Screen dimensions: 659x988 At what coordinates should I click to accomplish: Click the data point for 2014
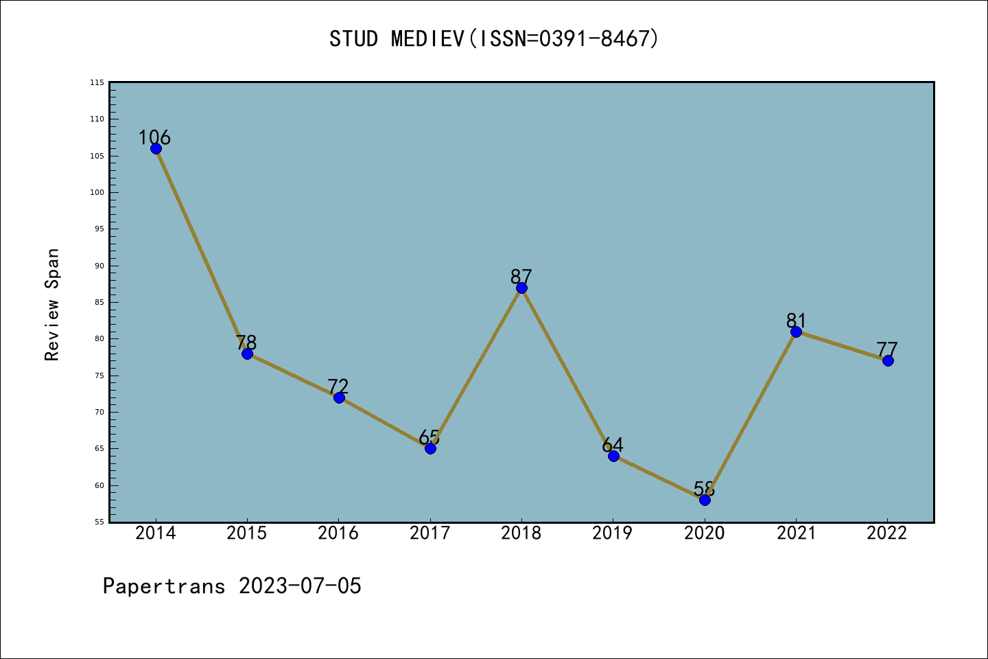pos(156,148)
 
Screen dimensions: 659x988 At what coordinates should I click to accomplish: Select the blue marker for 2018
pos(521,288)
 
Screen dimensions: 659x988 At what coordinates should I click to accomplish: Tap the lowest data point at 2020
pos(705,500)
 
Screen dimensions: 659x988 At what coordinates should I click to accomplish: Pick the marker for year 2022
pos(888,360)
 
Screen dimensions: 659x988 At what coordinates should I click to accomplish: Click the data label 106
pos(154,137)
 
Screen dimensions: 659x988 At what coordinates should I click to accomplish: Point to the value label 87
pos(521,277)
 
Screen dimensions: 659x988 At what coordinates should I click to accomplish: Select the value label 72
pos(338,386)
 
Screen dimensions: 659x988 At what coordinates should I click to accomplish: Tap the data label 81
pos(796,321)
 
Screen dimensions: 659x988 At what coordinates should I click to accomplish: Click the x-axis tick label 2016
pos(338,533)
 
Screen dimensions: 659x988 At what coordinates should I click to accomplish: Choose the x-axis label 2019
pos(613,533)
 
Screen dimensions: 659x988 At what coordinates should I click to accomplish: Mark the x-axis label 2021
pos(796,533)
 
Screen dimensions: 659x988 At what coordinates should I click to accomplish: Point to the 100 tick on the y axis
pos(97,192)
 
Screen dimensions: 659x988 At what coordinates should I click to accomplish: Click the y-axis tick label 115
pos(97,82)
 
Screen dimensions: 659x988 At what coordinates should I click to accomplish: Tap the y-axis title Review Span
pos(52,305)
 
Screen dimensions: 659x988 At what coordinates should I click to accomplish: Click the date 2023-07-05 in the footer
pos(300,586)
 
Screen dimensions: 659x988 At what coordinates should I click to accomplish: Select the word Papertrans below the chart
pos(164,586)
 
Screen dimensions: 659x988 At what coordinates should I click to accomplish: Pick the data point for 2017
pos(430,448)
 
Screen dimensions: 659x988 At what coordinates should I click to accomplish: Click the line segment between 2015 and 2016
pos(293,375)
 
